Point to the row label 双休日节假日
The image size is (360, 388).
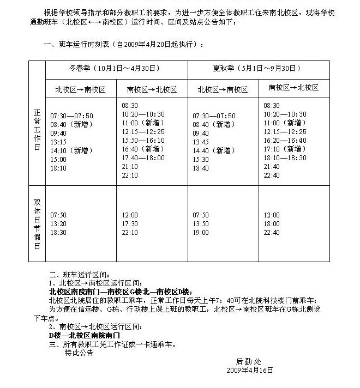[x=37, y=223]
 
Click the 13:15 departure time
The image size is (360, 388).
[x=58, y=142]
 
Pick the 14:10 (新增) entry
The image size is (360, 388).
[x=71, y=150]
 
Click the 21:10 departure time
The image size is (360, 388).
[x=130, y=166]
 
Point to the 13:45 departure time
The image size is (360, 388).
[x=201, y=142]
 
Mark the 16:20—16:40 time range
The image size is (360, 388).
[x=285, y=140]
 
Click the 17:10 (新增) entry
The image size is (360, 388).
[x=285, y=149]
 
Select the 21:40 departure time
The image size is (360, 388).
[x=272, y=166]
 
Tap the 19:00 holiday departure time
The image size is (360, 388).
[x=201, y=232]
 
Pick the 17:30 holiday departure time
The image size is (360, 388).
[x=130, y=223]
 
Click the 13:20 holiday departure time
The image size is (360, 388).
[x=58, y=223]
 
